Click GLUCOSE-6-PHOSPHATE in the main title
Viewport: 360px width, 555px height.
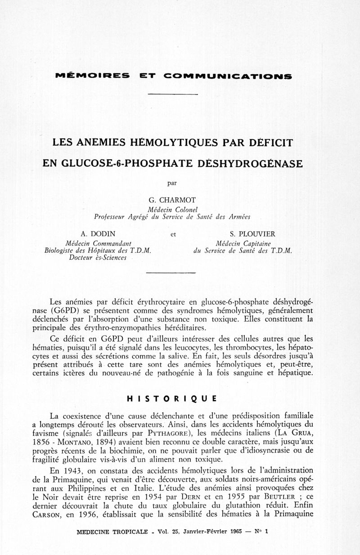123,162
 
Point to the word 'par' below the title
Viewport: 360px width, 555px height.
172,183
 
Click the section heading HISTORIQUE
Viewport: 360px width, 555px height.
172,398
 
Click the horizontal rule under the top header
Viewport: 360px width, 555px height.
172,94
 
